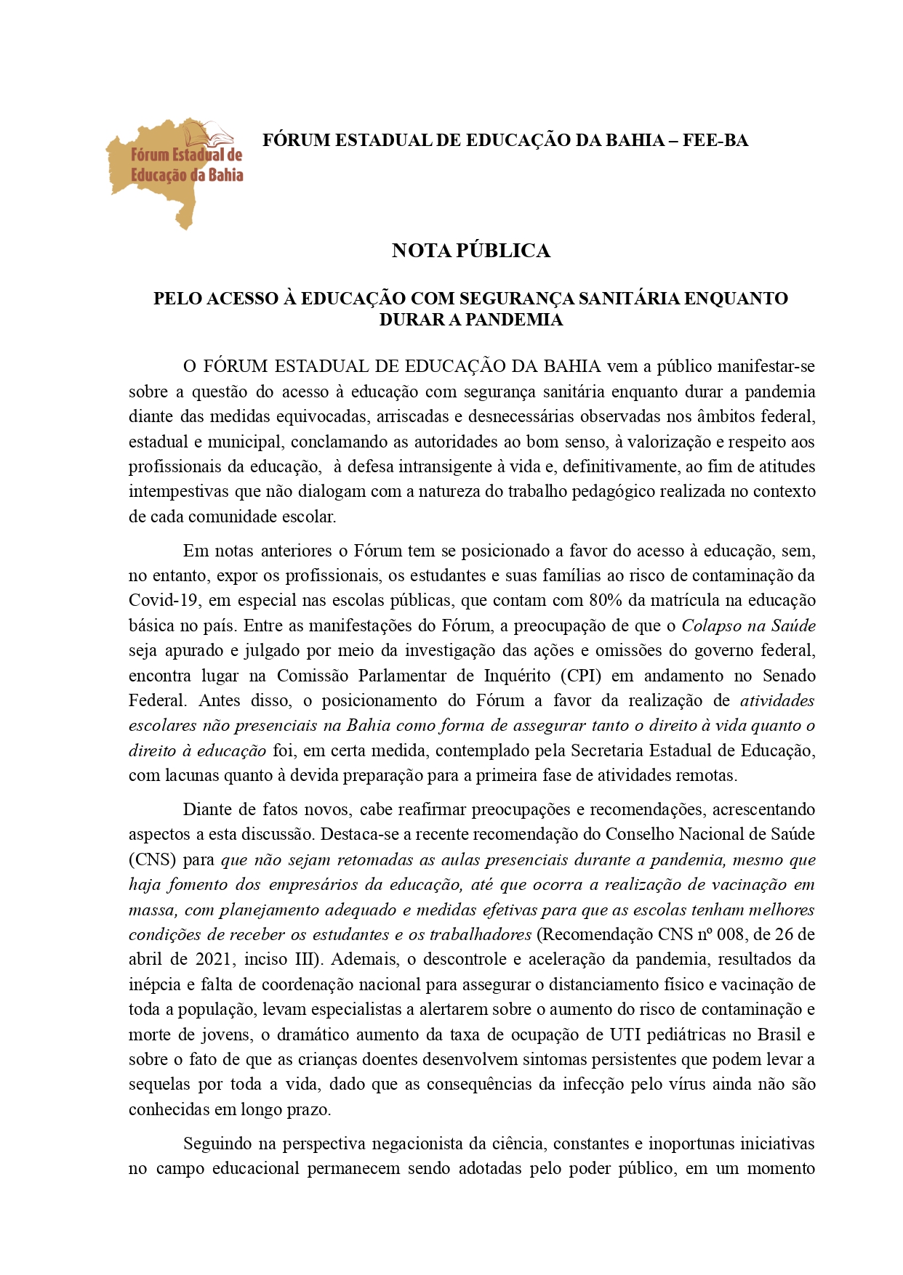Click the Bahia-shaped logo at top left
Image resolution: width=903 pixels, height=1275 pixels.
point(174,171)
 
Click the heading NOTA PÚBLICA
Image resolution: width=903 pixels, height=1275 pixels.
point(470,251)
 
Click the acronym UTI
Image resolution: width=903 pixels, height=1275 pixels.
point(625,1035)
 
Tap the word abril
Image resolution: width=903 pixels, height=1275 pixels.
point(145,959)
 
